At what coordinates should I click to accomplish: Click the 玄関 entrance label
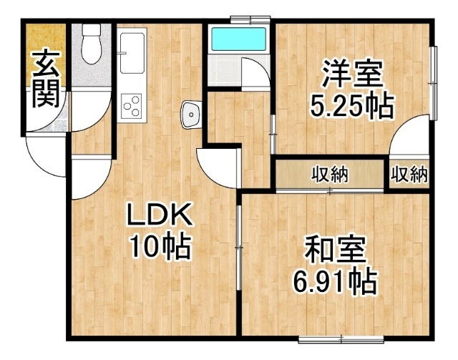click(x=46, y=79)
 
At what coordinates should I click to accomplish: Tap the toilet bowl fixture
click(x=92, y=44)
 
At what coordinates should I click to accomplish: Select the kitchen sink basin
click(x=132, y=53)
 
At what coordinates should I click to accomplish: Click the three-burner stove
click(x=132, y=105)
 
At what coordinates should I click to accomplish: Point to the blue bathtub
click(x=239, y=39)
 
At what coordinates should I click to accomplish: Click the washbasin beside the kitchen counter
click(x=191, y=115)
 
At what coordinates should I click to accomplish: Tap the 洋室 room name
click(x=352, y=74)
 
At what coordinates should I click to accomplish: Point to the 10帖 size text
click(x=160, y=245)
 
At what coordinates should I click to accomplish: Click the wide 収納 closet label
click(x=331, y=175)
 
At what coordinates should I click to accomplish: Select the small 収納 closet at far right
click(x=409, y=175)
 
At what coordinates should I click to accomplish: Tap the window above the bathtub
click(x=250, y=19)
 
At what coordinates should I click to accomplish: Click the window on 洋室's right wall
click(x=434, y=83)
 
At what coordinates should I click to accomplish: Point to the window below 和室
click(x=341, y=339)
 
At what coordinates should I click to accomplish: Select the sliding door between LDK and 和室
click(x=239, y=248)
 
